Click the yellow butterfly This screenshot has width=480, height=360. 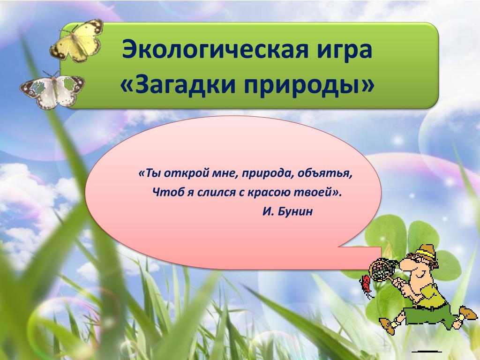click(76, 40)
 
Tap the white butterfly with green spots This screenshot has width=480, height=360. click(52, 90)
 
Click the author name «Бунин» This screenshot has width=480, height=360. click(295, 211)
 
